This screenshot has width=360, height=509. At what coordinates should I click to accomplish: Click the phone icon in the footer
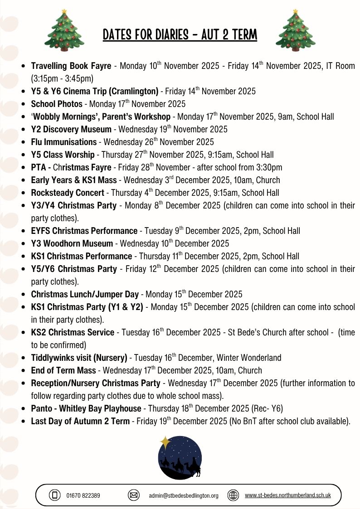(55, 495)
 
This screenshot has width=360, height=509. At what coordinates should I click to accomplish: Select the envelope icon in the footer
(134, 495)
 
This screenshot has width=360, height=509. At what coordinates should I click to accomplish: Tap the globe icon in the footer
(233, 495)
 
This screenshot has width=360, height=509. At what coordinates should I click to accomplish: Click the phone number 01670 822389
(83, 495)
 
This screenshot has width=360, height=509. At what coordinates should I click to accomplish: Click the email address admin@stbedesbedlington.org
(184, 495)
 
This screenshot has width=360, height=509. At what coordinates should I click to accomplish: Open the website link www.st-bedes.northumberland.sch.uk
(287, 495)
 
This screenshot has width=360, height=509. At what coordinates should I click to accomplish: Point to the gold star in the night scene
(165, 442)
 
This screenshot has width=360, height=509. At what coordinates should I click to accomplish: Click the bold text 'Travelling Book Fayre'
(71, 66)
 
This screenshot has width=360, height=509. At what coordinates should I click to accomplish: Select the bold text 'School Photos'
(57, 104)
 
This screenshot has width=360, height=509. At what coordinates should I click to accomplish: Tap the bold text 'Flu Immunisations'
(64, 142)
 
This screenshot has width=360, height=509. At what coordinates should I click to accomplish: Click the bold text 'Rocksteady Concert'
(68, 193)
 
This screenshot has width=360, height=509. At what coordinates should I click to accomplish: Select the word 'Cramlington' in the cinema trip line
(134, 92)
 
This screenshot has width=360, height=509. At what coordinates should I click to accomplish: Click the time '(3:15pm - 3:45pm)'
(62, 78)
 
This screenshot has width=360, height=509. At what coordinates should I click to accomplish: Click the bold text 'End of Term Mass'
(63, 371)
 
